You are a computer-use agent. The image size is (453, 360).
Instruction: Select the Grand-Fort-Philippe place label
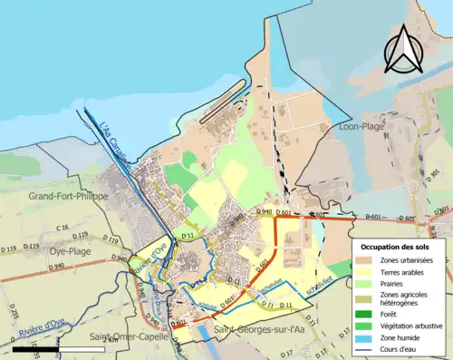click(x=68, y=196)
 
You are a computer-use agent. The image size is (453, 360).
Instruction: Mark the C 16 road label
click(x=62, y=227)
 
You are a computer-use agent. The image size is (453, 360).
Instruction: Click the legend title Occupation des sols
click(x=396, y=247)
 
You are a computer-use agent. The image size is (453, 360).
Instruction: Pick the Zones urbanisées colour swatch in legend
click(x=367, y=260)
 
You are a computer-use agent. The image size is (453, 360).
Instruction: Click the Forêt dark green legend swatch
click(x=367, y=314)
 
